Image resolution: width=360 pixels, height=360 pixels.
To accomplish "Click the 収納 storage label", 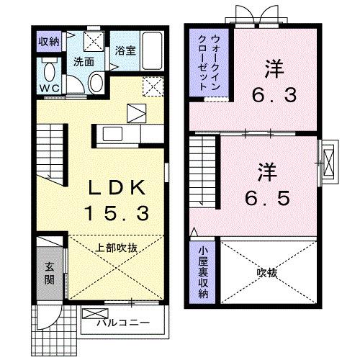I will tap(50, 41).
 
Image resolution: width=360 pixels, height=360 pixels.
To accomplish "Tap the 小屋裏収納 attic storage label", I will tap(203, 274).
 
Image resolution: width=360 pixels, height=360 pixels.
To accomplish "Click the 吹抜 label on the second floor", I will tap(266, 273).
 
